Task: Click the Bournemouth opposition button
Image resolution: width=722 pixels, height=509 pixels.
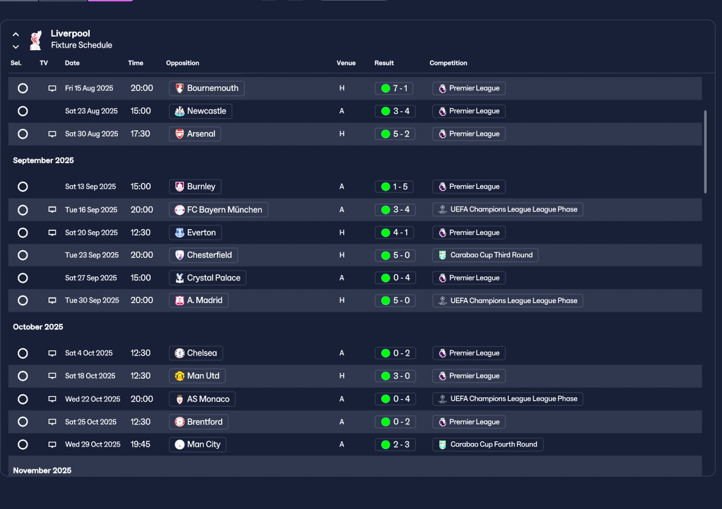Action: click(206, 88)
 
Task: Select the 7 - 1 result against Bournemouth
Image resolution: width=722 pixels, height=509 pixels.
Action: click(395, 88)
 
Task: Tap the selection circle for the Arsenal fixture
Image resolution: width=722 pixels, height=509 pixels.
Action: click(23, 134)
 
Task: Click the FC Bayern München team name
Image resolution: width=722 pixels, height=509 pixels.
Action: click(224, 210)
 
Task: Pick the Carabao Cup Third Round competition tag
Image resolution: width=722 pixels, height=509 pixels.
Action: click(485, 255)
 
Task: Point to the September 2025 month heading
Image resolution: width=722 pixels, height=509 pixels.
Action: click(43, 160)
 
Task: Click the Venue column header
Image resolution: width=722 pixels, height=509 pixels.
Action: click(346, 63)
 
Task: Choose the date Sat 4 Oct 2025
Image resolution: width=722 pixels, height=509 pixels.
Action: click(89, 353)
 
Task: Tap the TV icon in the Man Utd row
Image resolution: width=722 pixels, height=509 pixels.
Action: click(52, 376)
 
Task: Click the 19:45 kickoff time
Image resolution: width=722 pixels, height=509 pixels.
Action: click(140, 444)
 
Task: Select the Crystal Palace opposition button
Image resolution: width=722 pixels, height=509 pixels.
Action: click(208, 278)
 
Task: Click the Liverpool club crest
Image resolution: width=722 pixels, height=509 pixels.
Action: click(36, 40)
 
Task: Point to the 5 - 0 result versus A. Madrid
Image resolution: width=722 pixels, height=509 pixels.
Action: click(395, 301)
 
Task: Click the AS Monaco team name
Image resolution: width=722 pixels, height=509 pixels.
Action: click(208, 399)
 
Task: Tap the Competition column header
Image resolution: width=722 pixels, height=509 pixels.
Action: click(448, 63)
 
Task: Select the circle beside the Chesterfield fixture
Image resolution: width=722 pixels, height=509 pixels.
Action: click(23, 255)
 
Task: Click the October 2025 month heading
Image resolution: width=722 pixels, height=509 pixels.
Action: click(38, 327)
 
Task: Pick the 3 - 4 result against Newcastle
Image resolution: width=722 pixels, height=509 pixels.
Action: click(395, 111)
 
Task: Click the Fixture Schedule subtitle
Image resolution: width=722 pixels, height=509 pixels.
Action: click(81, 45)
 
